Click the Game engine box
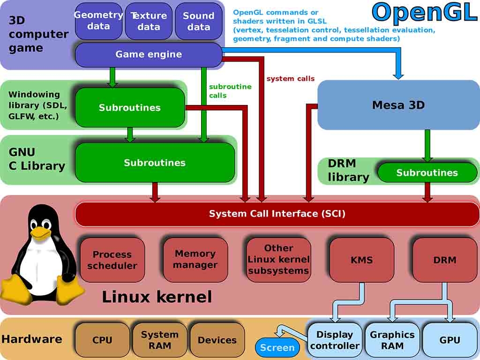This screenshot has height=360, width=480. pos(148,54)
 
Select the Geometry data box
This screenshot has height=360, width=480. pos(98,21)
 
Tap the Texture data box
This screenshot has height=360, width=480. pos(149,21)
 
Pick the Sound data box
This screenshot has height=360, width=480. pos(198,21)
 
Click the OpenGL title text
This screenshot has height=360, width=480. pos(424,12)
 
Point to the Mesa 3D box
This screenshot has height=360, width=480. pos(398,105)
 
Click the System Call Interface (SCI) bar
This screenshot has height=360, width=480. pos(277,214)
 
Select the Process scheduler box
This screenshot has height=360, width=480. pos(112,260)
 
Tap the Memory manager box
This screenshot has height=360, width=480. pos(195,259)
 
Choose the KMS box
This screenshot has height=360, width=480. pos(361,260)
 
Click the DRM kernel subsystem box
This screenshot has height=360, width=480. pos(444,260)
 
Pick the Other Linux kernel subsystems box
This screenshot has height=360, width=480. pos(278,259)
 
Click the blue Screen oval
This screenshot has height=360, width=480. pos(277,347)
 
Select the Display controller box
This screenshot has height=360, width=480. pos(335,340)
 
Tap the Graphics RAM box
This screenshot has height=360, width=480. pos(392,340)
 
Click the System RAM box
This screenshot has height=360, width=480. pos(159,340)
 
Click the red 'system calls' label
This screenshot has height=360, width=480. pos(290,79)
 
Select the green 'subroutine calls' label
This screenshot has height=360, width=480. pos(230,91)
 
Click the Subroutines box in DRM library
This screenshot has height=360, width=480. pos(427,172)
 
